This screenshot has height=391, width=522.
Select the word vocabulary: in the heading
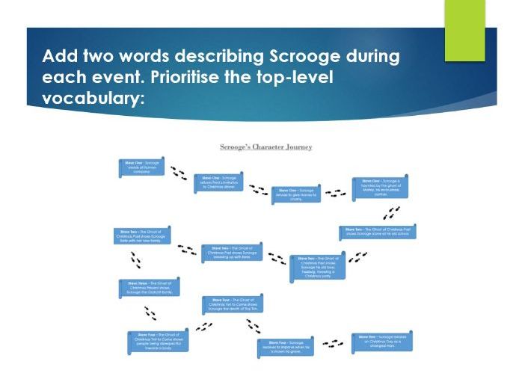click(x=93, y=99)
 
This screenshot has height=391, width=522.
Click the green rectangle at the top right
click(x=464, y=30)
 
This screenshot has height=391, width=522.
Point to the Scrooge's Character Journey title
click(x=265, y=147)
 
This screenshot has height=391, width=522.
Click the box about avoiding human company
click(x=141, y=167)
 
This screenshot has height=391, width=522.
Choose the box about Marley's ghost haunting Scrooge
click(x=381, y=187)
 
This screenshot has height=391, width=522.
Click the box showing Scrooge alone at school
click(x=377, y=232)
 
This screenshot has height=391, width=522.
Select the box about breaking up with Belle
click(x=235, y=253)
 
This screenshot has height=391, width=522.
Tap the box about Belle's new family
click(x=142, y=237)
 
